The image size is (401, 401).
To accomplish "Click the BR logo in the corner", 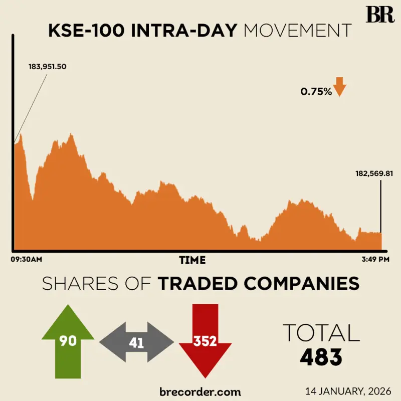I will pos(380,15).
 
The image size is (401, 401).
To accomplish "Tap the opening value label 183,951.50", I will pos(47,67).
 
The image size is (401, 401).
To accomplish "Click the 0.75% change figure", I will pos(316,92).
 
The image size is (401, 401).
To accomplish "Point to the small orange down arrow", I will pos(340,87).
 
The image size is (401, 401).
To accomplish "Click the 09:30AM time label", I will pos(26,260).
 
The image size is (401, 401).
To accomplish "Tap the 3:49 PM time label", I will pos(375,260).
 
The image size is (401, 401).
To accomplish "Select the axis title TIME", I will pos(192,260).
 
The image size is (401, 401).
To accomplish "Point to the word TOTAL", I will pos(321,333).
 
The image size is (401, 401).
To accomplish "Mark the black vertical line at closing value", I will pos(381,206).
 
